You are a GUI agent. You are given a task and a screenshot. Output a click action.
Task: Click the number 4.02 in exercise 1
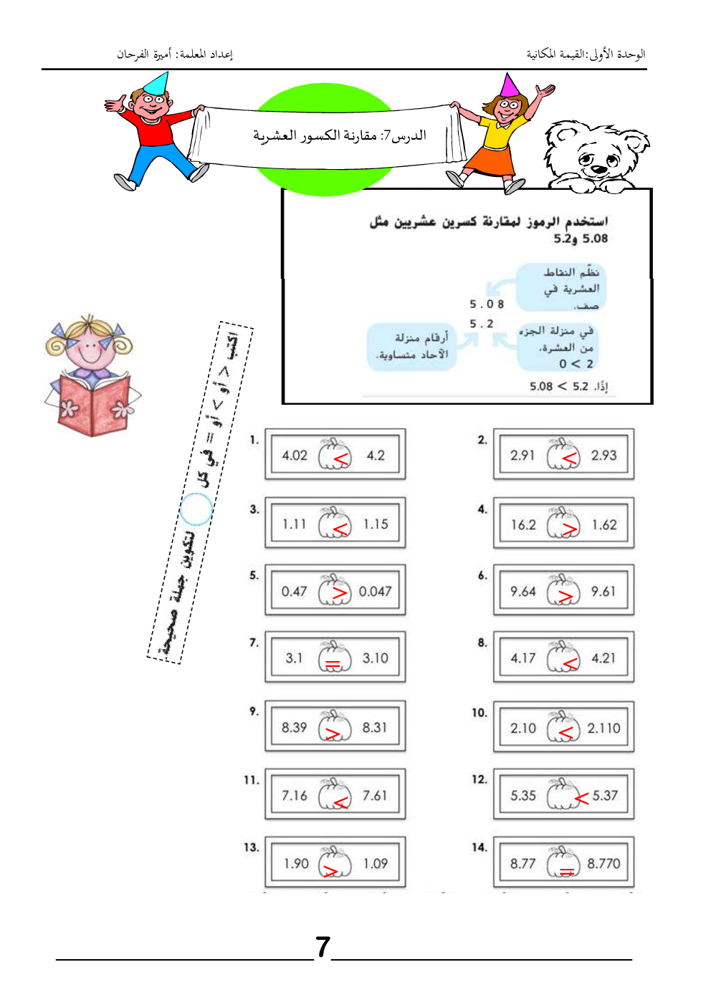295,456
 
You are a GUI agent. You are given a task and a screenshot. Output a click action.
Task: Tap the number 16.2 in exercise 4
523,525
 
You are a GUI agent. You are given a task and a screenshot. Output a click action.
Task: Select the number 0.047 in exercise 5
375,592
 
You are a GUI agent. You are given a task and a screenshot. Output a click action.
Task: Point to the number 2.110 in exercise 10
603,728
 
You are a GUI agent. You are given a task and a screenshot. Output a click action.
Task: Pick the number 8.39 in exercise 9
294,728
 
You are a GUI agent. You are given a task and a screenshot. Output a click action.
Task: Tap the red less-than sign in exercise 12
581,797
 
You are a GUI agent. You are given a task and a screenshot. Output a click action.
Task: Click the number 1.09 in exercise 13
375,864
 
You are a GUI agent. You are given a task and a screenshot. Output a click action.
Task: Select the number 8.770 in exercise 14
603,864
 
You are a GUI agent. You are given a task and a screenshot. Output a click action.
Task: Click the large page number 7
323,947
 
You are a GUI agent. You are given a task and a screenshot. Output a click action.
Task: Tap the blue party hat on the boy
157,84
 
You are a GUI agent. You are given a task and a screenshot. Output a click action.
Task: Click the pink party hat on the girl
510,85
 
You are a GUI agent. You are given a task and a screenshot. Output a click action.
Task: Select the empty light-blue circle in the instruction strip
196,510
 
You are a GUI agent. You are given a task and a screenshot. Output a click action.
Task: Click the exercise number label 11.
251,780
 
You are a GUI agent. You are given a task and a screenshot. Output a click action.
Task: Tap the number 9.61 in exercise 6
603,592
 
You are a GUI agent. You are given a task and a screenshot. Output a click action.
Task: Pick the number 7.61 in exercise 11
374,796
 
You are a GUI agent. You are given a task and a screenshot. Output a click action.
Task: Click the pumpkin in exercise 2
563,454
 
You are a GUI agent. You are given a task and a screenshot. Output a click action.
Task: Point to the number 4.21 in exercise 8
603,658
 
